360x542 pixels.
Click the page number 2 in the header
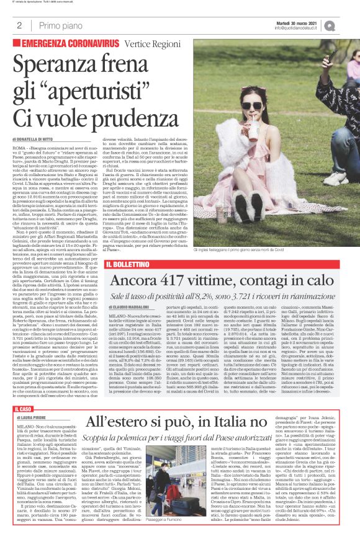pyautogui.click(x=20, y=25)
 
